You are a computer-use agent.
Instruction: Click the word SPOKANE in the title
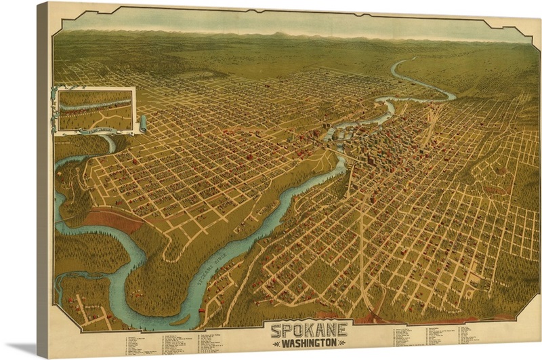pyautogui.click(x=309, y=330)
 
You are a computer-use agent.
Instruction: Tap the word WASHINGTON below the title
pyautogui.click(x=309, y=343)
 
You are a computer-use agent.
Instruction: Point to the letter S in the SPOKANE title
pyautogui.click(x=277, y=330)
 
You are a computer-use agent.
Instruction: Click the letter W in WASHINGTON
pyautogui.click(x=285, y=343)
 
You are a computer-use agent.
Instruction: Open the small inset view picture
pyautogui.click(x=95, y=108)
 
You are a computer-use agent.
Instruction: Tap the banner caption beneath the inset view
pyautogui.click(x=95, y=125)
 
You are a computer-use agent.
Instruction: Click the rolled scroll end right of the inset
pyautogui.click(x=143, y=124)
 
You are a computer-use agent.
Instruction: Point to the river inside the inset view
pyautogui.click(x=95, y=104)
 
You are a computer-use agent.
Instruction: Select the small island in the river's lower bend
pyautogui.click(x=182, y=319)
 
